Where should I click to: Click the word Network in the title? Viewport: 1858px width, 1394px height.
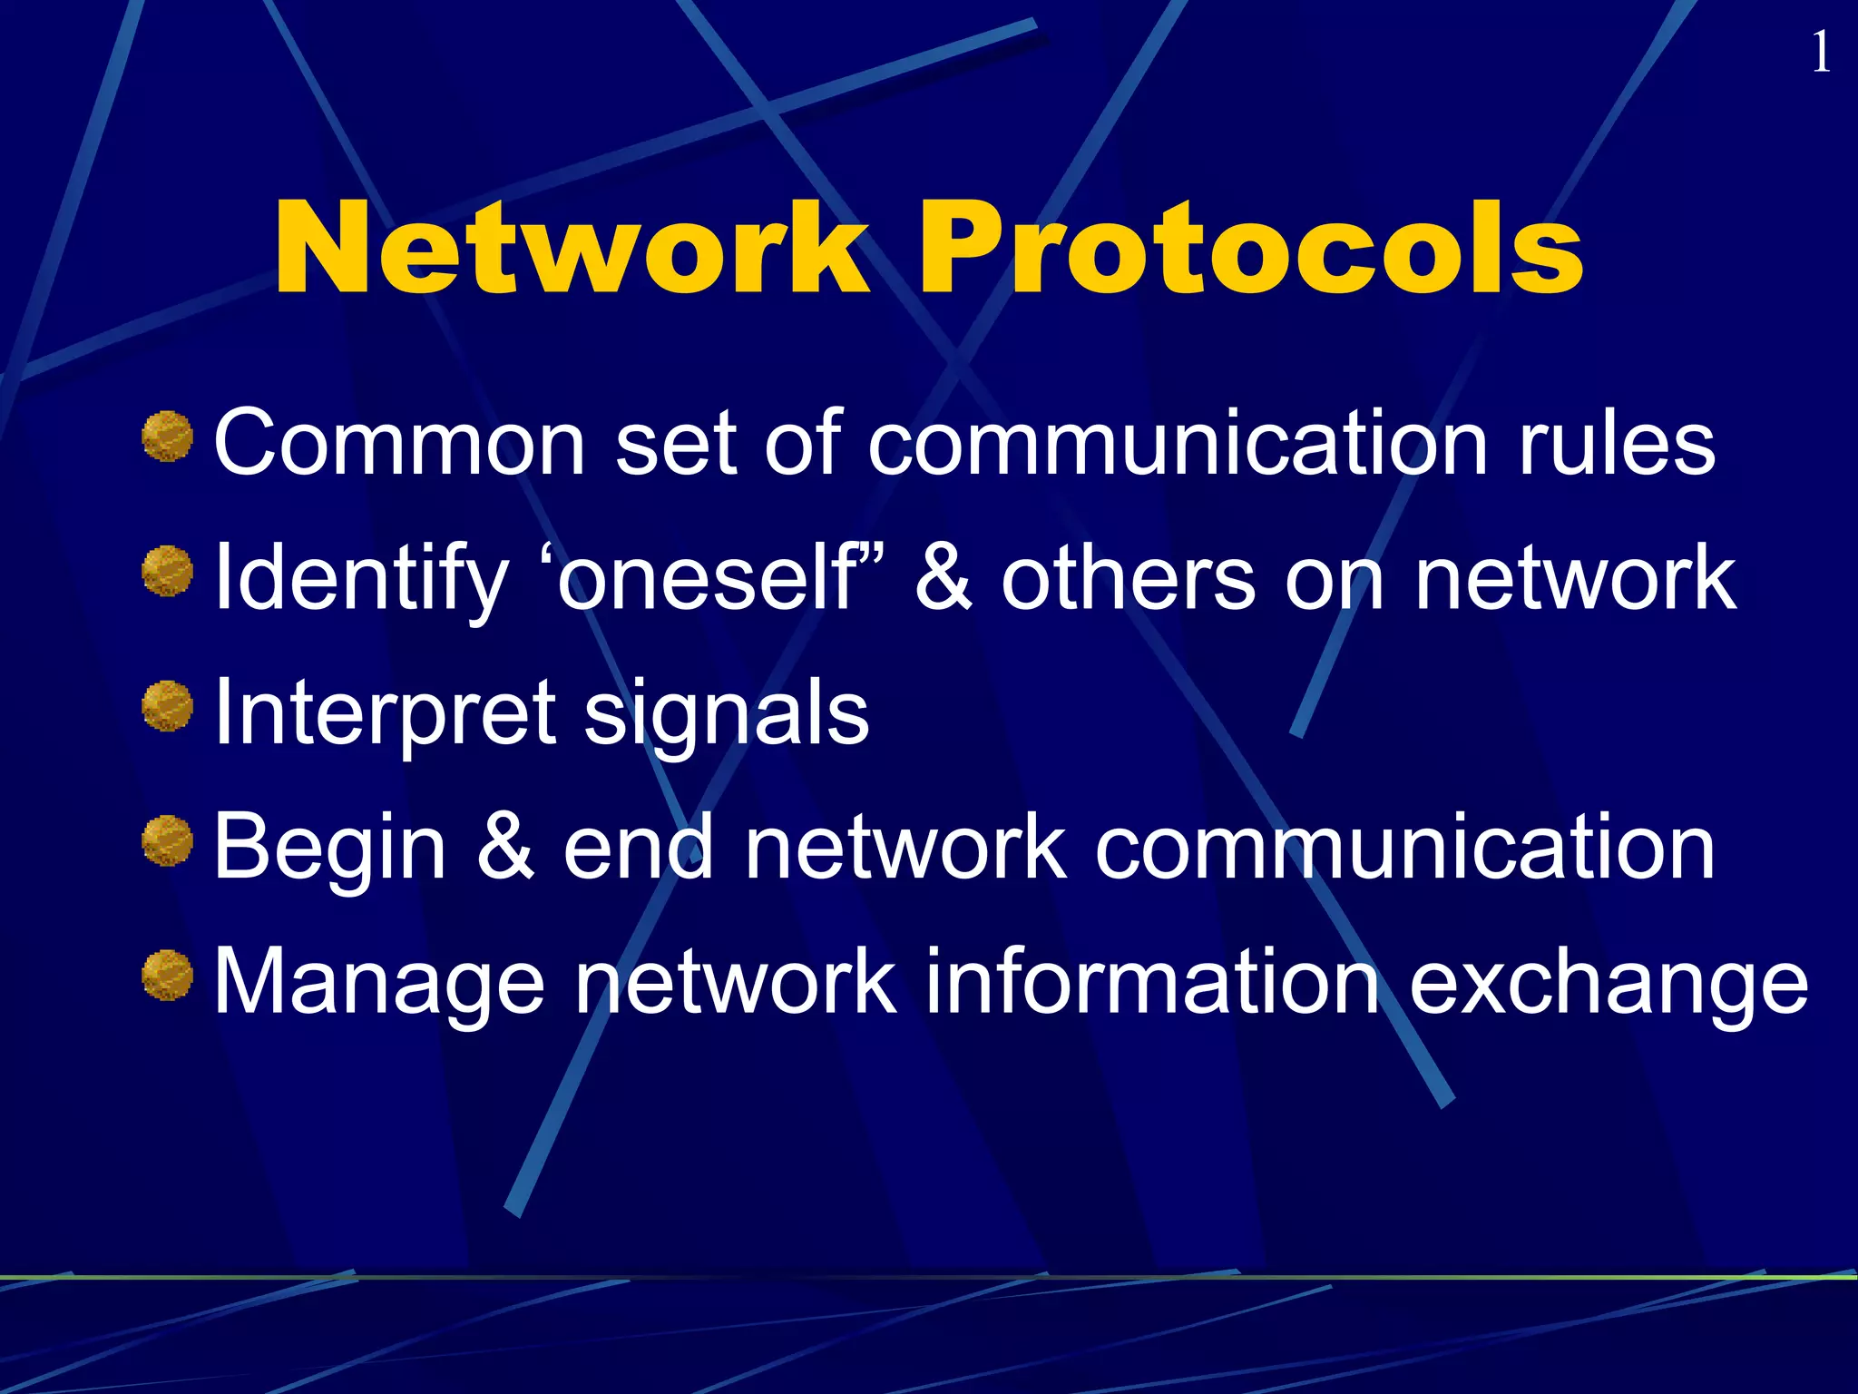pos(572,249)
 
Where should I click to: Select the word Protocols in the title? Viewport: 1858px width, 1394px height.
pos(1252,249)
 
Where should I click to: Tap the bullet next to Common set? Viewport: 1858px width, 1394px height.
pos(168,437)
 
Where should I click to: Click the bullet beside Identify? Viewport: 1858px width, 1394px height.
pos(168,572)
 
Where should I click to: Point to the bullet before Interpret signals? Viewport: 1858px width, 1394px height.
pos(168,706)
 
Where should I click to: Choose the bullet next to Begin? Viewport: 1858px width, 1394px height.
pos(168,840)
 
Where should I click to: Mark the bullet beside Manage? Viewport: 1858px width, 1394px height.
pos(168,976)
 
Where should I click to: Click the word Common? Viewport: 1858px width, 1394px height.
pos(400,443)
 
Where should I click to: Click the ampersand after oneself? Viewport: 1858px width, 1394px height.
pos(944,577)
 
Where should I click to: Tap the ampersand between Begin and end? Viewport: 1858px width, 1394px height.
pos(504,848)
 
